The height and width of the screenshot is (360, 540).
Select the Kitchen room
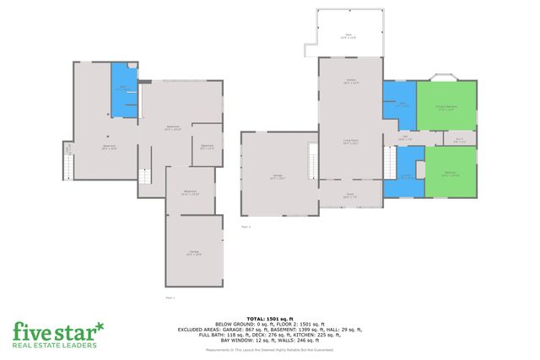(x=351, y=83)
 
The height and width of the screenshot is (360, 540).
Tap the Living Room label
(x=351, y=142)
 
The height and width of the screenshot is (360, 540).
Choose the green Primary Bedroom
(x=445, y=108)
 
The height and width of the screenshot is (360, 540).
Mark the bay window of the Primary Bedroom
(x=443, y=78)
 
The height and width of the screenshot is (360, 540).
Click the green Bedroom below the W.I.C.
(x=449, y=174)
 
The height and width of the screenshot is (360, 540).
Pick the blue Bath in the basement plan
(x=124, y=90)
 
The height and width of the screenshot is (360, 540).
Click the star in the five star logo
(x=100, y=325)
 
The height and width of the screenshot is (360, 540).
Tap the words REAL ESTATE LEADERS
(x=55, y=345)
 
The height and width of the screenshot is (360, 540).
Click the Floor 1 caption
(x=169, y=298)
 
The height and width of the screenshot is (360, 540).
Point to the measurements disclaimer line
(x=269, y=349)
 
